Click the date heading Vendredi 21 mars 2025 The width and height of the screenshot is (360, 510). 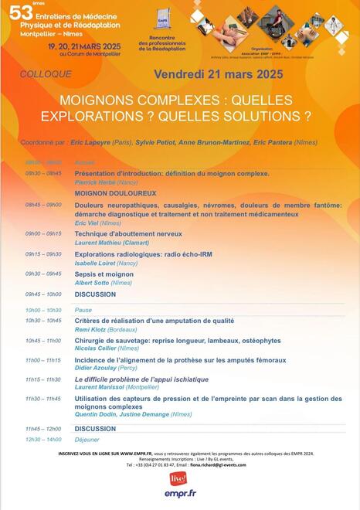219,74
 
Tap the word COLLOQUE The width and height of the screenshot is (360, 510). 47,74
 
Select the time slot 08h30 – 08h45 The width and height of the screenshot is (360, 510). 42,174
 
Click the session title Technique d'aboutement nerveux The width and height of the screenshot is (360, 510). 128,233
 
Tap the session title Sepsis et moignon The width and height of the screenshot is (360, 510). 104,274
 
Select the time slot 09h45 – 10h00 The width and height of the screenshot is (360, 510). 42,294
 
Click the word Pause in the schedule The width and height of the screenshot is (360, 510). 83,310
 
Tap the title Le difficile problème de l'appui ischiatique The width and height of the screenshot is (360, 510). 141,379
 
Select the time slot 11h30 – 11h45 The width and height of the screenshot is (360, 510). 42,399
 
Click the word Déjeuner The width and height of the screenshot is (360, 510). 87,440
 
